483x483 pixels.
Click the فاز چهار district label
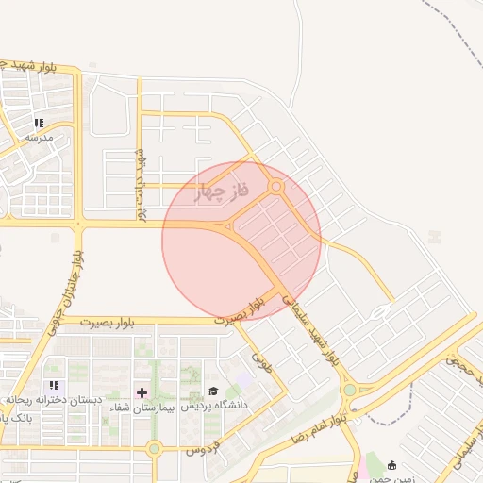click(x=221, y=193)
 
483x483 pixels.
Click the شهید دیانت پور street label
click(x=142, y=185)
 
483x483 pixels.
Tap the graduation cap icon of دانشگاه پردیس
click(x=213, y=391)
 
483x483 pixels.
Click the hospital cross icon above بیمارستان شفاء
click(x=142, y=392)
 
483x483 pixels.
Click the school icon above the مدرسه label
click(x=39, y=123)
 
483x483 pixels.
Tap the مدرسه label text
click(x=39, y=137)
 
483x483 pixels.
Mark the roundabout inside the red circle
click(x=276, y=188)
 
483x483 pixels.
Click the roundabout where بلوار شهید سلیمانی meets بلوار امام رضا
click(x=350, y=389)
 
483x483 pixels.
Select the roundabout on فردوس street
click(x=154, y=448)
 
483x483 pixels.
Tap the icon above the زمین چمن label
click(x=392, y=464)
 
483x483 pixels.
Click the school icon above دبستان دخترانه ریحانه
click(x=54, y=385)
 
